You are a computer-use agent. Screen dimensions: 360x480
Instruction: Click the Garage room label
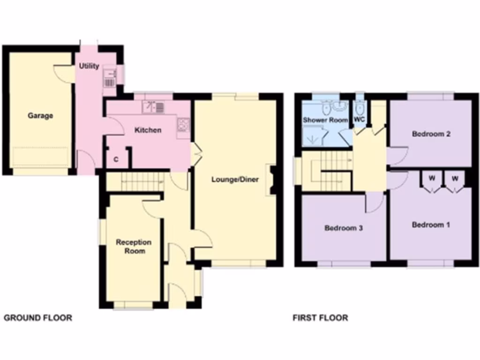click(x=40, y=115)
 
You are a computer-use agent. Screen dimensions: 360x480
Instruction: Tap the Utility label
click(x=89, y=66)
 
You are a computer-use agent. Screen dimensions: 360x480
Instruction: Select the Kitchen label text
click(x=148, y=130)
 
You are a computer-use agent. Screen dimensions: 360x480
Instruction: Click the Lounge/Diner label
click(x=235, y=179)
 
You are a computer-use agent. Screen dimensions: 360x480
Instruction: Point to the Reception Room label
click(x=134, y=247)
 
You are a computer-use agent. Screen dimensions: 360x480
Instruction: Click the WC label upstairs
click(x=359, y=120)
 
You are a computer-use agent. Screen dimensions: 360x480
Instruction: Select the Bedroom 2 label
click(x=431, y=134)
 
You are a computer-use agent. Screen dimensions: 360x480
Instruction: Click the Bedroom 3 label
click(x=344, y=228)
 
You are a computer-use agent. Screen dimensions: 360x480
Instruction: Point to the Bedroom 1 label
click(x=430, y=225)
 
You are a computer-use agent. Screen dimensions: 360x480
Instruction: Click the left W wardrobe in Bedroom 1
click(x=432, y=179)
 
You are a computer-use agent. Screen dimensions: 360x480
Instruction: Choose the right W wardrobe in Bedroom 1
click(x=455, y=179)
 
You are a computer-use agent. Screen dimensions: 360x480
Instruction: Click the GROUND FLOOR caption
click(x=38, y=318)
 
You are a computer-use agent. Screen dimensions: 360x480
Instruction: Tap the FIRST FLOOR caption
click(x=321, y=318)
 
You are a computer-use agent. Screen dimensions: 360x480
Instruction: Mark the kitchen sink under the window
click(x=154, y=107)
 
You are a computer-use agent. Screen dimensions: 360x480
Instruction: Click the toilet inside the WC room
click(x=359, y=108)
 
